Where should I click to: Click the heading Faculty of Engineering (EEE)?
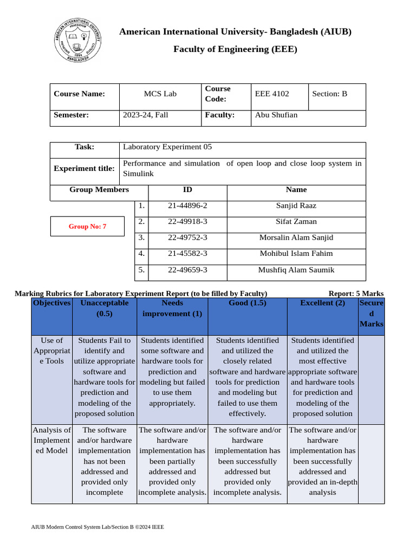pos(235,49)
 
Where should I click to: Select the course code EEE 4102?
pos(272,94)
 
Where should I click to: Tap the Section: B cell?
pos(329,94)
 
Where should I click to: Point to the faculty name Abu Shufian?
pos(276,115)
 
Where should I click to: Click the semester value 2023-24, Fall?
pos(146,115)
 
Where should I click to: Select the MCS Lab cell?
pos(160,94)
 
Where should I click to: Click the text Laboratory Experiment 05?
pos(167,147)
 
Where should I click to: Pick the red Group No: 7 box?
pos(87,226)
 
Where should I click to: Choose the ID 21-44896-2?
pos(187,206)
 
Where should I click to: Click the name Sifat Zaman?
pos(296,221)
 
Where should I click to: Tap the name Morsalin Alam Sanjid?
pos(296,238)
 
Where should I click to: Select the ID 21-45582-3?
pos(187,253)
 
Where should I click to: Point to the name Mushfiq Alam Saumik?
pos(296,269)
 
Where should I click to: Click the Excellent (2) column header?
pos(322,303)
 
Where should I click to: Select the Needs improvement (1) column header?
pos(172,308)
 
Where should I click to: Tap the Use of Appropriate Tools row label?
pos(51,351)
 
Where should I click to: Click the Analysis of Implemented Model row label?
pos(51,440)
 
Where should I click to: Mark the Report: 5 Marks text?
pos(356,293)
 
